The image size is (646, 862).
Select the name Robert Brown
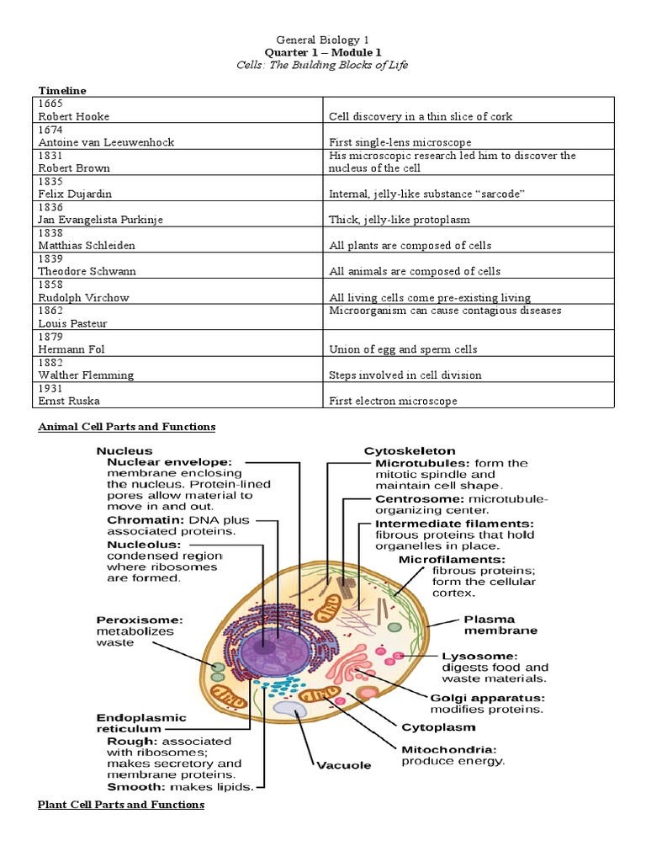point(74,168)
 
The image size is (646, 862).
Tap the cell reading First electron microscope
point(393,402)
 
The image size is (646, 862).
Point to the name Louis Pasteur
point(72,324)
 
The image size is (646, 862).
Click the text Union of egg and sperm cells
point(403,349)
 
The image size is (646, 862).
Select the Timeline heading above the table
point(62,90)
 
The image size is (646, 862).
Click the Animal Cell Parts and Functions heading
point(127,427)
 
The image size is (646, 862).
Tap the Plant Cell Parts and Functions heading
point(121,805)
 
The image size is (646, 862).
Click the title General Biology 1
point(323,40)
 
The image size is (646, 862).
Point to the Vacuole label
point(343,765)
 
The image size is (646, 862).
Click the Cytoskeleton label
point(410,451)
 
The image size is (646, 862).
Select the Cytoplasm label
point(437,726)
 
